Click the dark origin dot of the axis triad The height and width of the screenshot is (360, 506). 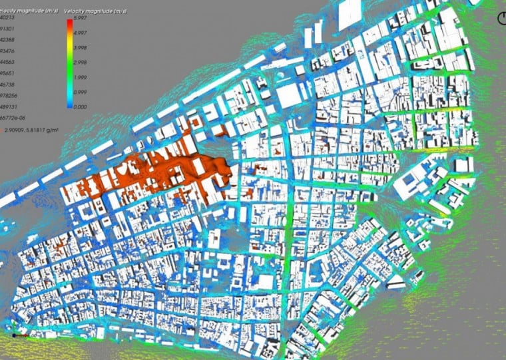[x=14, y=335]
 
